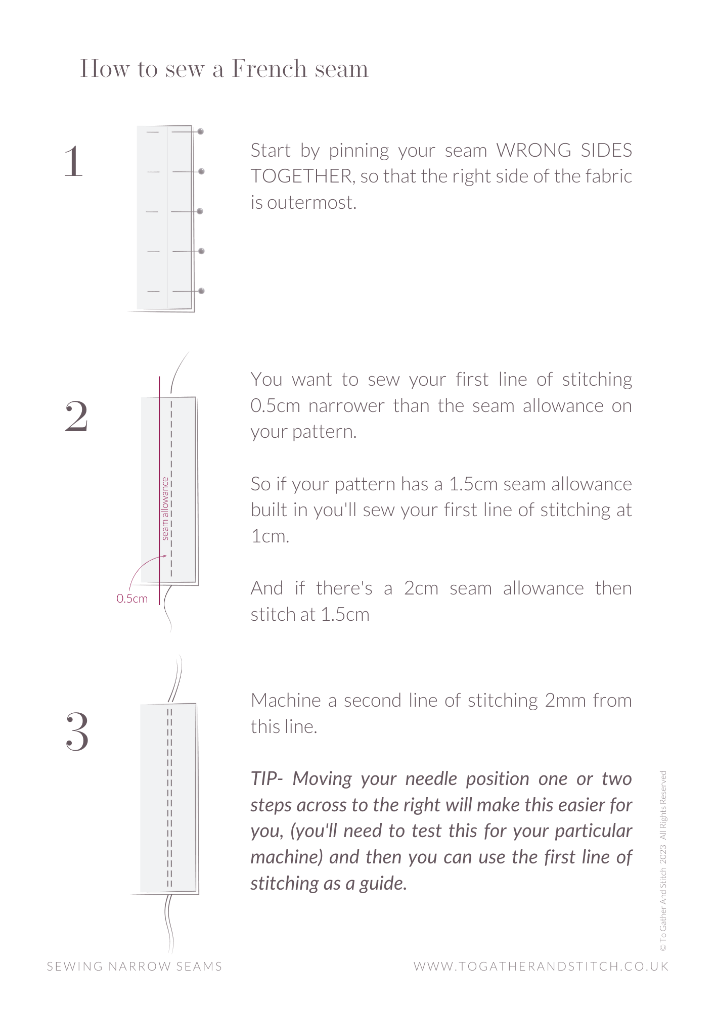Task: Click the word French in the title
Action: tap(269, 69)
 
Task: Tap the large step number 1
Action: tap(74, 162)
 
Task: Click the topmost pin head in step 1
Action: tap(201, 131)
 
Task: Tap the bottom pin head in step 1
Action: tap(201, 291)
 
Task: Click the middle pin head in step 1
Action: tap(200, 211)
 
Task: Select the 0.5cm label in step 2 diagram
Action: tap(132, 599)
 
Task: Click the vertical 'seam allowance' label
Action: tap(165, 509)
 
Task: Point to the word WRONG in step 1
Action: tap(533, 151)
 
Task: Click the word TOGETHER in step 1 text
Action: tap(301, 176)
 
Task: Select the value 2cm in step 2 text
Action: tap(421, 588)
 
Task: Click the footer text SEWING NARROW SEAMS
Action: tap(135, 967)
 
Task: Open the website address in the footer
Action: tap(541, 967)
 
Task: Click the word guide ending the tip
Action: tap(383, 884)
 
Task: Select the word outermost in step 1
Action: tap(311, 203)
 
